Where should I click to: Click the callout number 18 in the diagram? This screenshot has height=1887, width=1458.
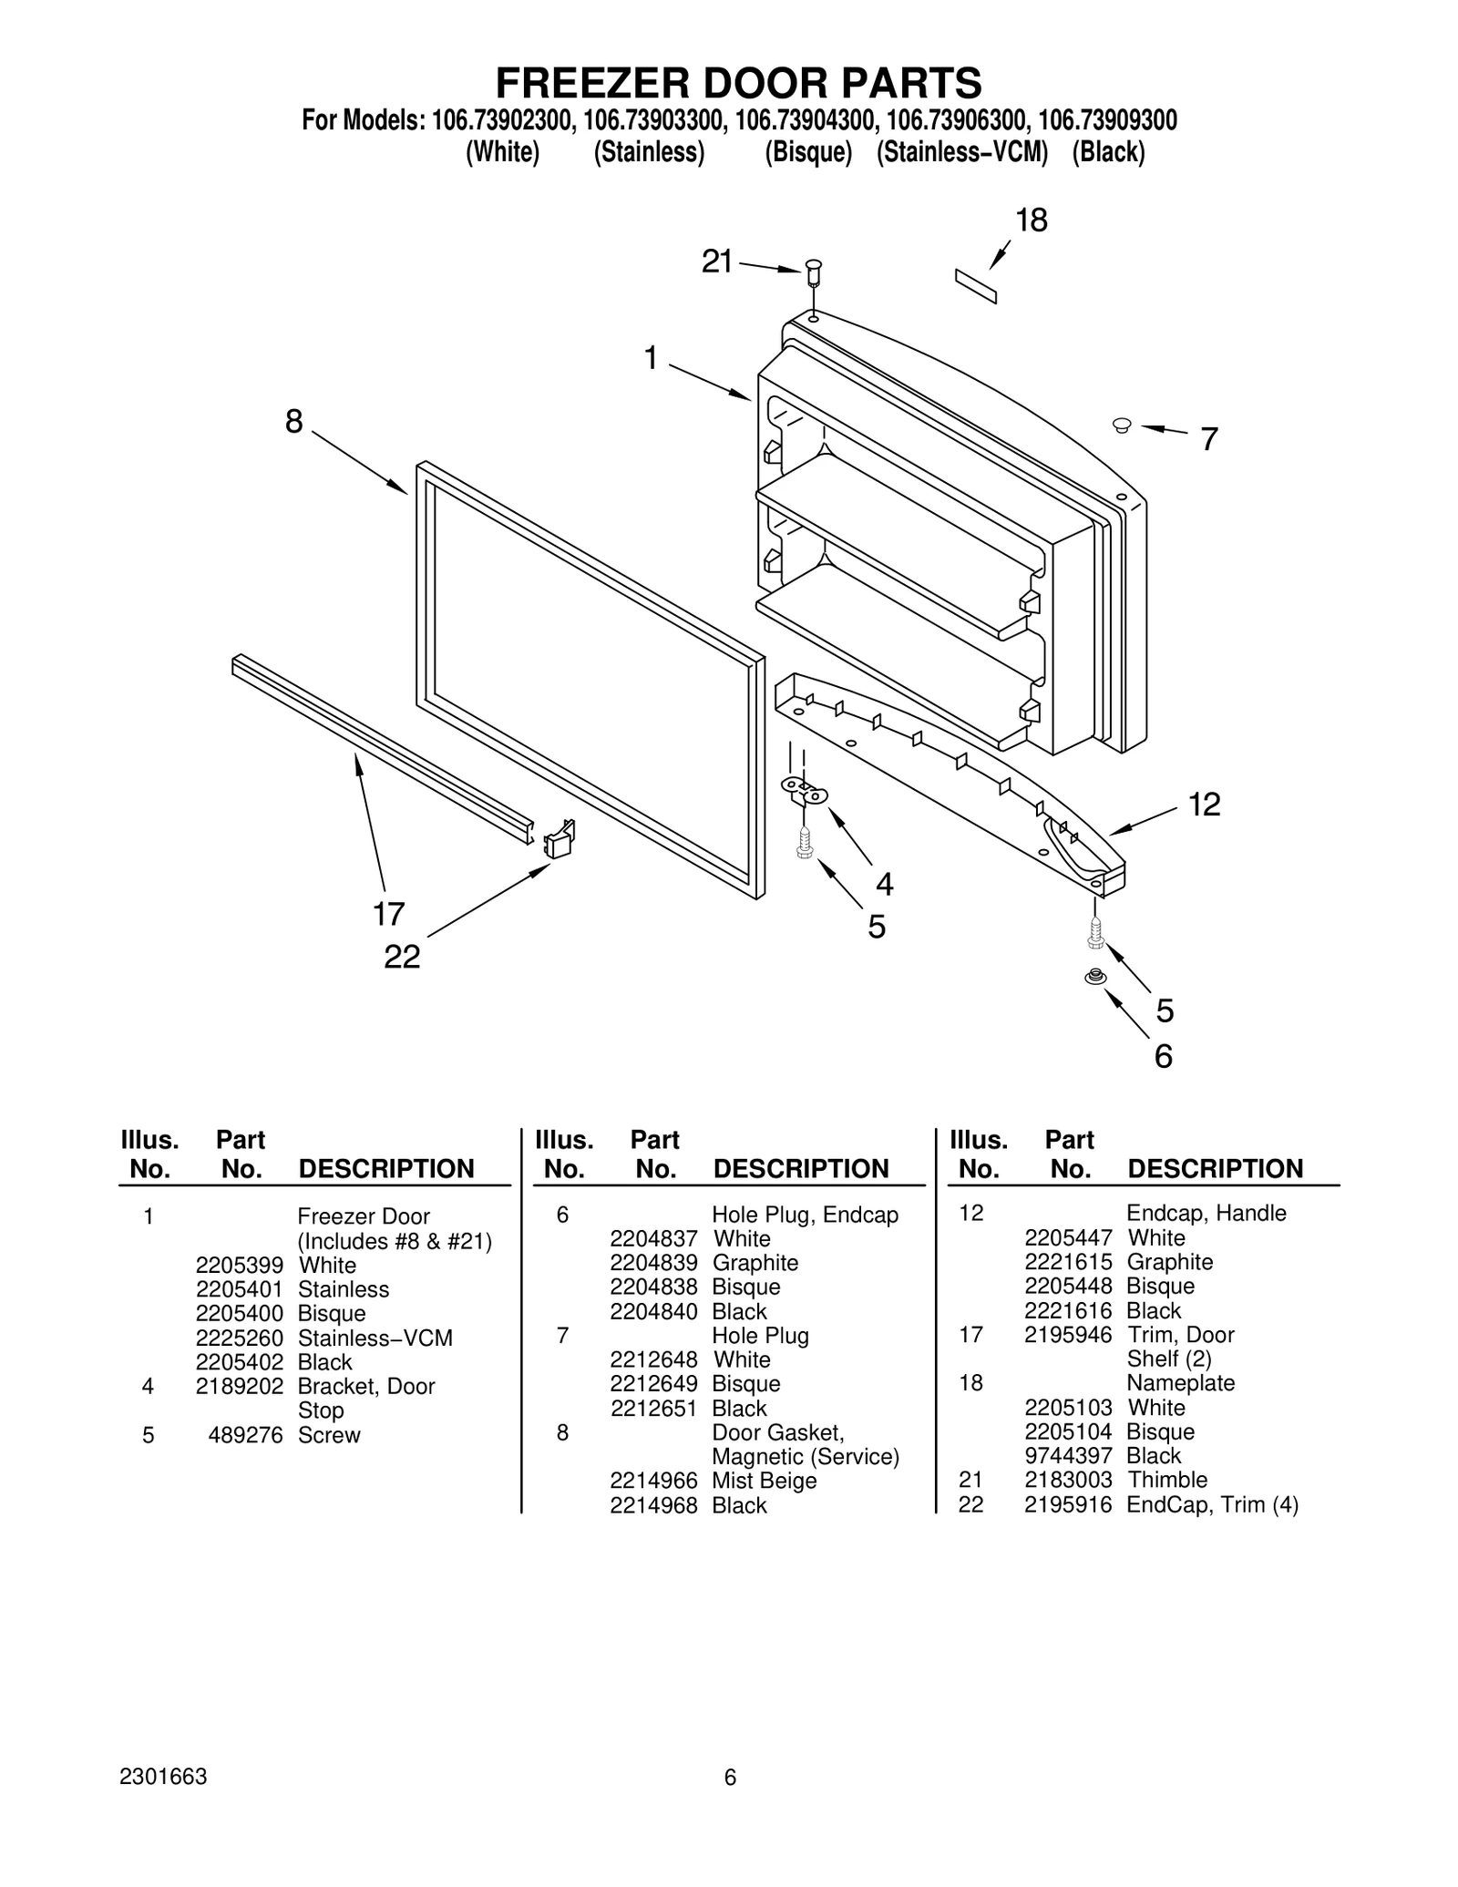pyautogui.click(x=1032, y=220)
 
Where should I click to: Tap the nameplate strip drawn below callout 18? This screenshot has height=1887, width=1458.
pyautogui.click(x=975, y=286)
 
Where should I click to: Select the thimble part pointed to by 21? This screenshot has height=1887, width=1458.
pyautogui.click(x=814, y=271)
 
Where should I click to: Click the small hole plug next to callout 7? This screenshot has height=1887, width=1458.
pyautogui.click(x=1122, y=424)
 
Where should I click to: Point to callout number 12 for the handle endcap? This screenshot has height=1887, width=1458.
pyautogui.click(x=1204, y=805)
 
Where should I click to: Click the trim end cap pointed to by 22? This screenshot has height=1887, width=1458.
pyautogui.click(x=560, y=838)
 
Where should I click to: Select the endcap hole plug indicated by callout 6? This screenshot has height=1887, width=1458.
pyautogui.click(x=1093, y=977)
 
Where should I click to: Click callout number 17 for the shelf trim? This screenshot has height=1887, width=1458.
pyautogui.click(x=388, y=913)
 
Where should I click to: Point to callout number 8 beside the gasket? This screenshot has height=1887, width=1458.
pyautogui.click(x=293, y=422)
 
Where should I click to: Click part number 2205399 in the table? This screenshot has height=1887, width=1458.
pyautogui.click(x=240, y=1265)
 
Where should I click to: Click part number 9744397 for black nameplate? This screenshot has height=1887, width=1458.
pyautogui.click(x=1068, y=1455)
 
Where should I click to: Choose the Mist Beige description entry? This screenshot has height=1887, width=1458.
pyautogui.click(x=764, y=1481)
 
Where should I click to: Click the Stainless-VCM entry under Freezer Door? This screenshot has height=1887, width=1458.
pyautogui.click(x=375, y=1338)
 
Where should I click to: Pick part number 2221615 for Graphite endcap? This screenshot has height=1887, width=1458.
pyautogui.click(x=1068, y=1262)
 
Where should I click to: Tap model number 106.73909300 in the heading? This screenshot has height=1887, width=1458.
pyautogui.click(x=1107, y=120)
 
